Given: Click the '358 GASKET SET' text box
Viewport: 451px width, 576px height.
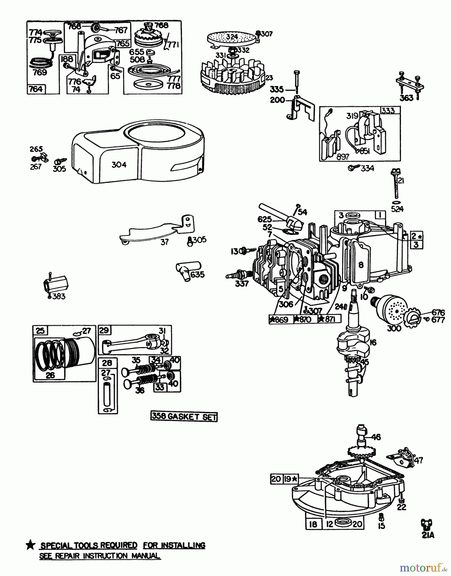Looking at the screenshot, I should click(184, 416).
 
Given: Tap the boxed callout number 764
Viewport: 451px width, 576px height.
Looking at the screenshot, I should click(36, 89).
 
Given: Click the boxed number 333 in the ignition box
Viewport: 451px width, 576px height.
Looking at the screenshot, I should click(388, 111).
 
